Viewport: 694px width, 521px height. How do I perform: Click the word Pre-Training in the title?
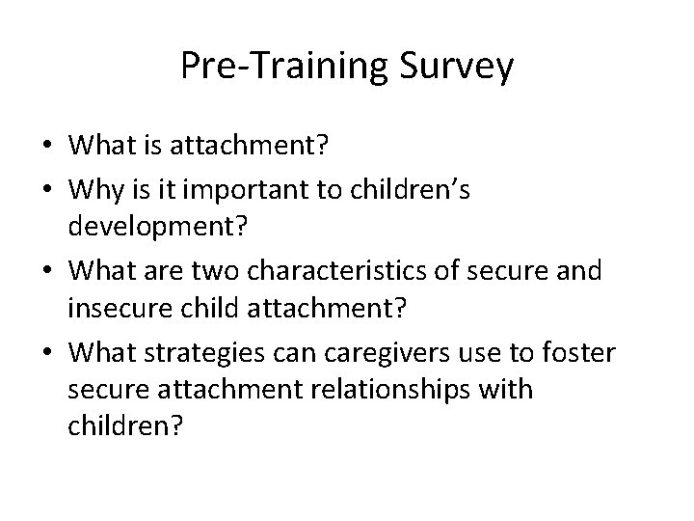[282, 67]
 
